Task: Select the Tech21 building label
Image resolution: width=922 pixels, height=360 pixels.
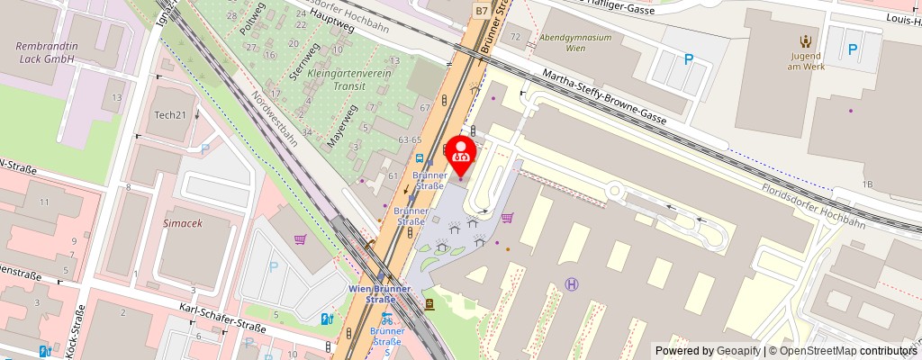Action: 169,114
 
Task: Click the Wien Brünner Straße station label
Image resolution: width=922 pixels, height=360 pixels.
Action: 379,293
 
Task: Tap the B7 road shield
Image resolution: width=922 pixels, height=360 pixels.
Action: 483,10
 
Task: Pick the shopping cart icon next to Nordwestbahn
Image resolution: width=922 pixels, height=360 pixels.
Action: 300,239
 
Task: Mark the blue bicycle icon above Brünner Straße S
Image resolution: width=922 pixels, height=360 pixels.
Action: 386,318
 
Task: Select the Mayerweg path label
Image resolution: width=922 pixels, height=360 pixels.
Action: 342,125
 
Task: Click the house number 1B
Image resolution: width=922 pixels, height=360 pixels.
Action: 867,184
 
